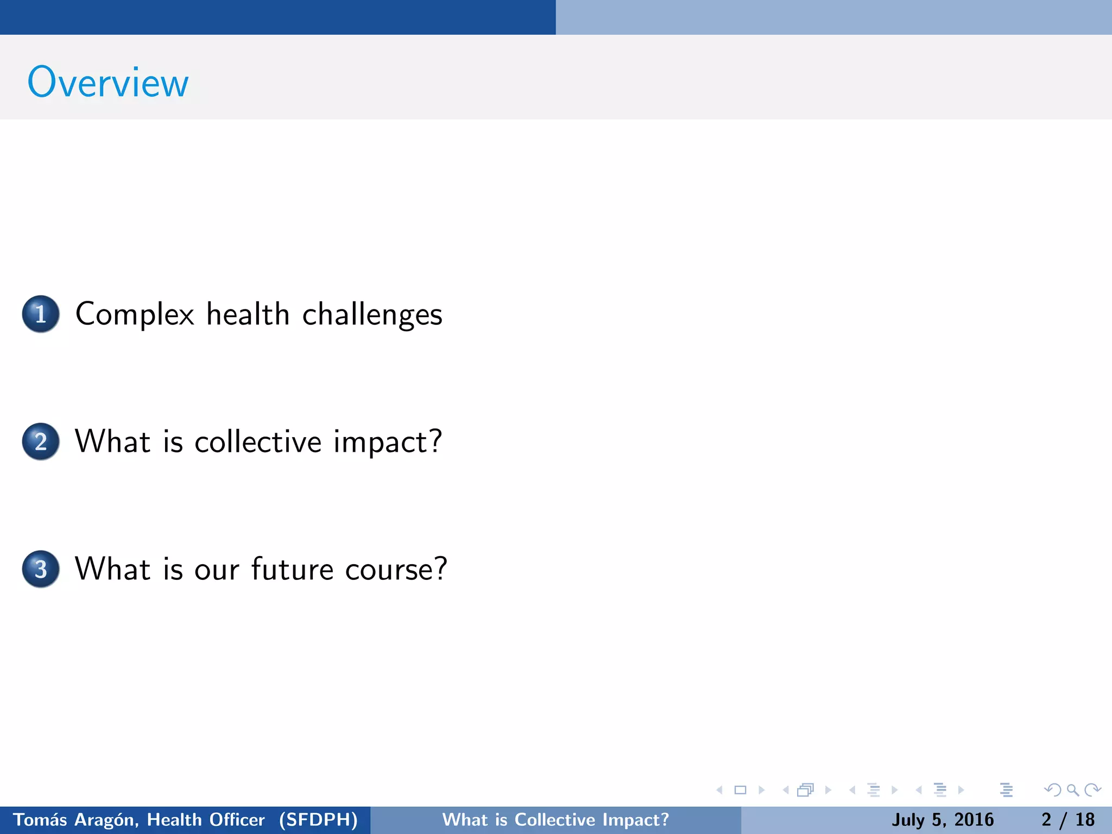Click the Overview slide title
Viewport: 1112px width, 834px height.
click(108, 83)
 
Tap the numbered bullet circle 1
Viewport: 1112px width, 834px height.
click(41, 314)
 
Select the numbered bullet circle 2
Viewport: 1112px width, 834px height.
click(41, 441)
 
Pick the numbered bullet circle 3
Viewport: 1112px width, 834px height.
click(41, 569)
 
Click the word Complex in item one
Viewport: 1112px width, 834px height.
click(135, 315)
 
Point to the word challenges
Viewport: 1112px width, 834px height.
click(372, 315)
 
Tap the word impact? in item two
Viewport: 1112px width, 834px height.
click(388, 442)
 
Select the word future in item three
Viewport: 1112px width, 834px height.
click(292, 570)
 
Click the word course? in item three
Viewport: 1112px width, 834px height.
click(396, 570)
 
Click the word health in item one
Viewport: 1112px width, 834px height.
click(248, 314)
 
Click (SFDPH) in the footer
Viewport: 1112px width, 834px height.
click(318, 819)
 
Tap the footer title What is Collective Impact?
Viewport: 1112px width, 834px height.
click(555, 819)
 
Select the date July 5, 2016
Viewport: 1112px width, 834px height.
click(943, 819)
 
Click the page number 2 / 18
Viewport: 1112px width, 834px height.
click(1067, 819)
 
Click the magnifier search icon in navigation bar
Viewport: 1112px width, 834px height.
click(1072, 790)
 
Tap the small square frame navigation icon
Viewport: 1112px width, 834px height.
click(740, 790)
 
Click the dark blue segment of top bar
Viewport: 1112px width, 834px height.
click(277, 17)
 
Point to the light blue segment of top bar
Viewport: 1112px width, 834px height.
click(833, 17)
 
